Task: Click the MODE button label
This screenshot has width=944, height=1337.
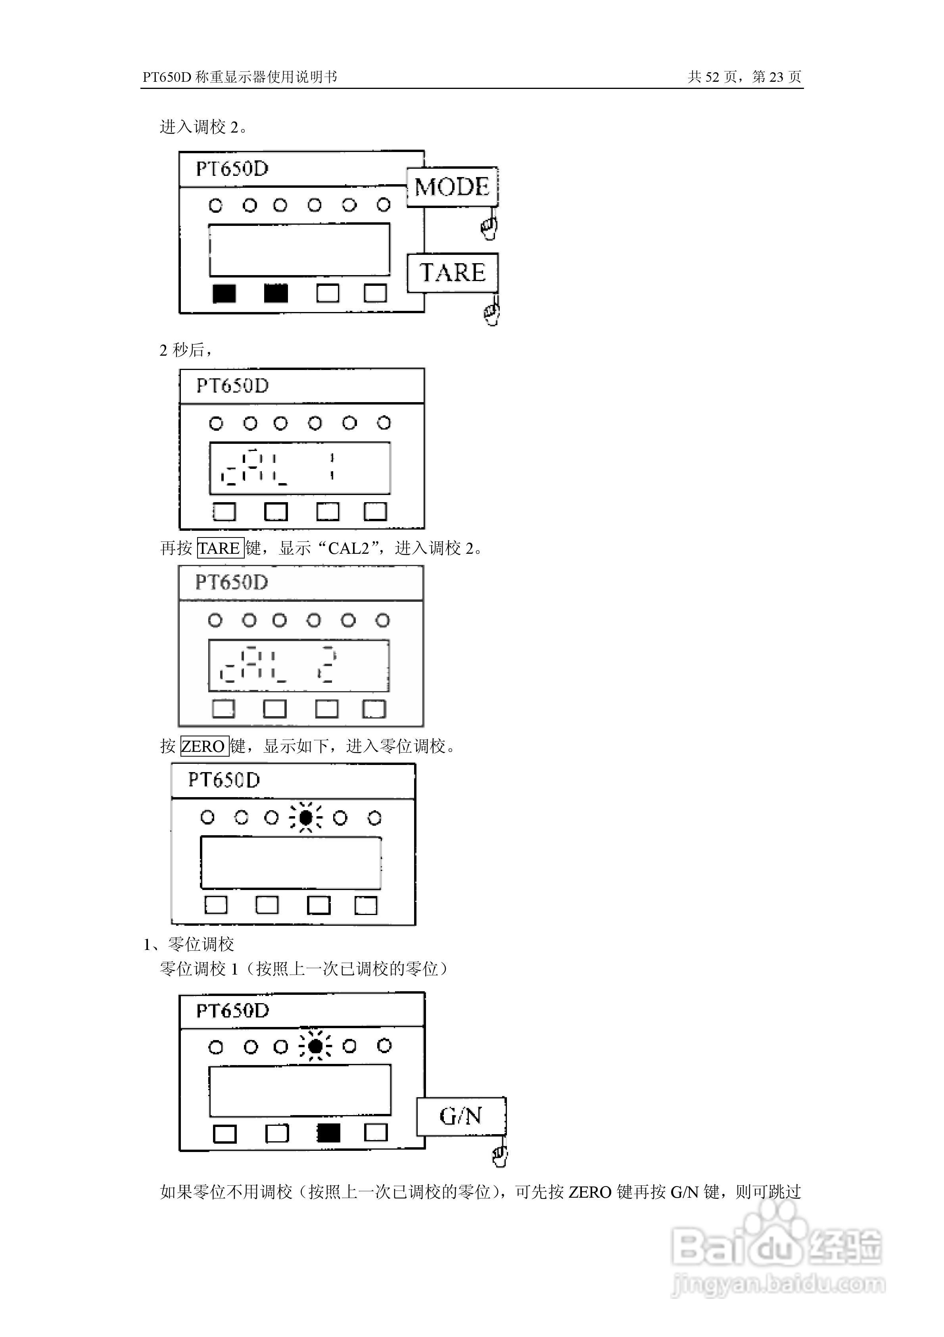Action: (452, 187)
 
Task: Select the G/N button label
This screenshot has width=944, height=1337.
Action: (461, 1116)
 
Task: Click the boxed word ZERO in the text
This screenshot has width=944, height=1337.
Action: (203, 746)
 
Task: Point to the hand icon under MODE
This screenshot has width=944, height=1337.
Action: (489, 227)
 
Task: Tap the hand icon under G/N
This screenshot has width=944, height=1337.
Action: (500, 1155)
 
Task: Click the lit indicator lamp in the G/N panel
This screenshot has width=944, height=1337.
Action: (315, 1046)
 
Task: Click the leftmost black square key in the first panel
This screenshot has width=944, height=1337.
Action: (224, 293)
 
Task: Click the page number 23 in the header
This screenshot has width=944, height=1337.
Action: (776, 77)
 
